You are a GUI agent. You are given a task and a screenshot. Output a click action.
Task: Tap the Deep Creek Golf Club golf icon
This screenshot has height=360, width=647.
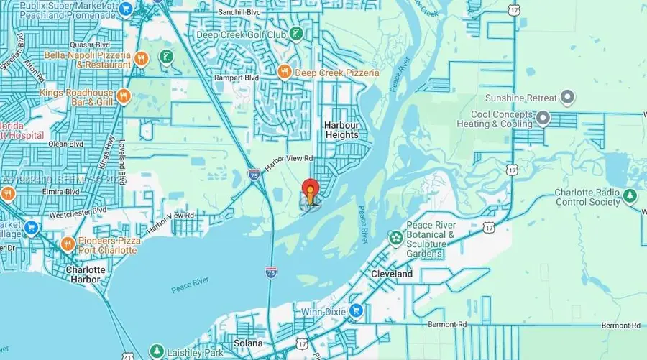(x=295, y=34)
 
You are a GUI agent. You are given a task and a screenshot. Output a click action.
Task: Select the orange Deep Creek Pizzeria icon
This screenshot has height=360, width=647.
(x=285, y=72)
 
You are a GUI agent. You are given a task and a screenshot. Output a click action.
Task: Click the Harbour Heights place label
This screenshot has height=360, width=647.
(x=341, y=129)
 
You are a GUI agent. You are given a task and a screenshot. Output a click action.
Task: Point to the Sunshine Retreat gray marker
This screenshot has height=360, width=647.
(x=567, y=98)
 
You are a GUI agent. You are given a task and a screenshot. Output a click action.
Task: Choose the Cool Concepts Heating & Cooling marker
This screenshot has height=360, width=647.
(x=542, y=118)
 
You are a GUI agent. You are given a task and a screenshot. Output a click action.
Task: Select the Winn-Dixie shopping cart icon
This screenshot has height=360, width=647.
(x=356, y=311)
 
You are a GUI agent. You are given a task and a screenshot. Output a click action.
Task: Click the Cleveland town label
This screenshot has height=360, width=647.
(x=392, y=274)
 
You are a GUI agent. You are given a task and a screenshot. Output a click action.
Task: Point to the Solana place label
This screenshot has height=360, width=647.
(x=244, y=343)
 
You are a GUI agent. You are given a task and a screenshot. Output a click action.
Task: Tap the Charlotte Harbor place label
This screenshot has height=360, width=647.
(x=86, y=274)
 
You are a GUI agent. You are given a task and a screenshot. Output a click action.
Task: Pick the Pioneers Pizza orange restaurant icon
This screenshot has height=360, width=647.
(x=68, y=244)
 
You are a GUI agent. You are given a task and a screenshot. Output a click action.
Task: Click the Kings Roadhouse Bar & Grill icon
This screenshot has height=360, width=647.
(x=123, y=96)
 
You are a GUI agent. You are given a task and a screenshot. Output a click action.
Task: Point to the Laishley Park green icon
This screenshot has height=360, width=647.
(x=156, y=351)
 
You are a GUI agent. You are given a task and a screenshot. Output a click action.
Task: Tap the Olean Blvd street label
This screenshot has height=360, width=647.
(x=65, y=144)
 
